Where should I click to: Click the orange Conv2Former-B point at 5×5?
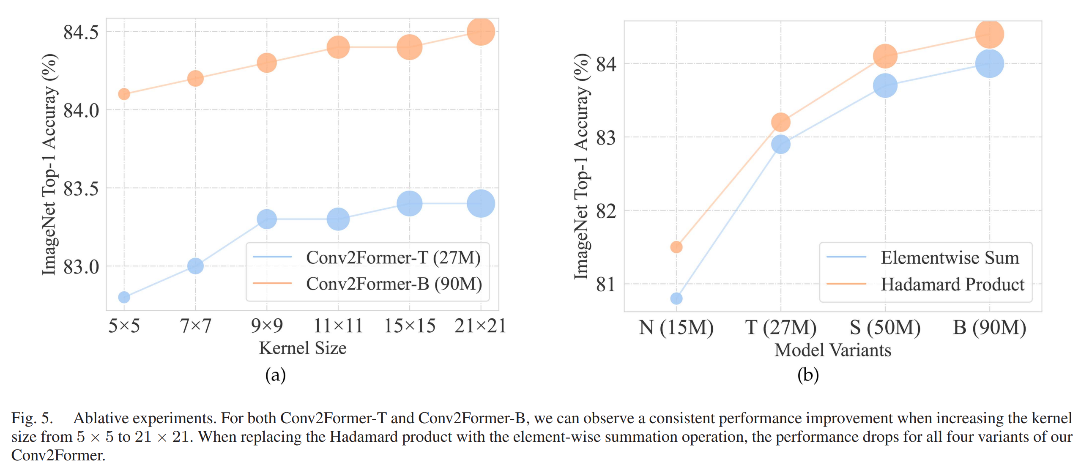(x=124, y=94)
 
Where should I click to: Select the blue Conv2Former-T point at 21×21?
(x=481, y=203)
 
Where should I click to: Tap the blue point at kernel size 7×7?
(x=195, y=266)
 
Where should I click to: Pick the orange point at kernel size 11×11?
(x=338, y=47)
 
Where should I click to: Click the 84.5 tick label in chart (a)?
(x=81, y=32)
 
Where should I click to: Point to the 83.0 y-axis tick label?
(x=81, y=267)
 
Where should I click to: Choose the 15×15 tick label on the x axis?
(x=409, y=326)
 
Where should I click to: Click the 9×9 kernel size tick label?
(x=267, y=326)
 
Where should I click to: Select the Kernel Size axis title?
(x=303, y=348)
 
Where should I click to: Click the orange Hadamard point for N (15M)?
(x=676, y=247)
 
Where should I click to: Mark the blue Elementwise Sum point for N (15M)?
(x=676, y=298)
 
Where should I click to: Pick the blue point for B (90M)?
(x=990, y=63)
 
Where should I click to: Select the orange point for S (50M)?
(x=885, y=56)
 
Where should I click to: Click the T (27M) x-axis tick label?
(x=780, y=327)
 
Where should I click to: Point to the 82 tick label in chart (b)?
(x=606, y=211)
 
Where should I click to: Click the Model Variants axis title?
(x=833, y=350)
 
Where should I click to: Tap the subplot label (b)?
(x=808, y=375)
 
